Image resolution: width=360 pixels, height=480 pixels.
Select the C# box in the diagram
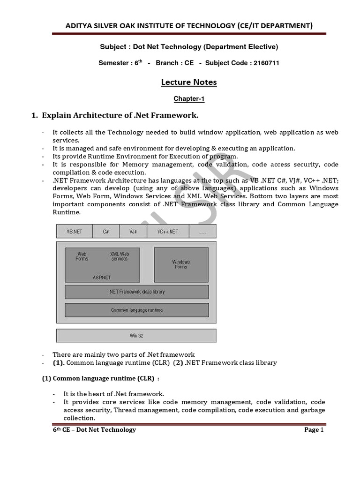click(106, 232)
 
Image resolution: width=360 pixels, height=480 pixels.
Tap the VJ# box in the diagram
click(133, 232)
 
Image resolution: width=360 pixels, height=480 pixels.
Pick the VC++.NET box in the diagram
click(168, 232)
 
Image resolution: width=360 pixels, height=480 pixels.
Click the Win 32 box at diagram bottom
click(136, 336)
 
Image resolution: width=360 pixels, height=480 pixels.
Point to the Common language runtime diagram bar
click(136, 310)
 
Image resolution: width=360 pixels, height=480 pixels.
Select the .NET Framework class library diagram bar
click(136, 292)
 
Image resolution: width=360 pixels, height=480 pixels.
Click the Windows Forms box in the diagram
click(181, 264)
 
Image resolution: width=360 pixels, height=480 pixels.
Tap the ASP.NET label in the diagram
click(102, 277)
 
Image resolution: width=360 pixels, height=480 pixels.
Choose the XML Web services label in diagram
click(119, 256)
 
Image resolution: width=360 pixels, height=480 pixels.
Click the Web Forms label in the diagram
click(82, 256)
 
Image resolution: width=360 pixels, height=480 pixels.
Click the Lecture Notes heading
click(189, 82)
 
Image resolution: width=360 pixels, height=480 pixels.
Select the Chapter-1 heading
click(189, 99)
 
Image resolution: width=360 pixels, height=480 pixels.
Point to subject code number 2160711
click(266, 63)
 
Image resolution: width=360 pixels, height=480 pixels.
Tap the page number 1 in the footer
click(322, 430)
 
